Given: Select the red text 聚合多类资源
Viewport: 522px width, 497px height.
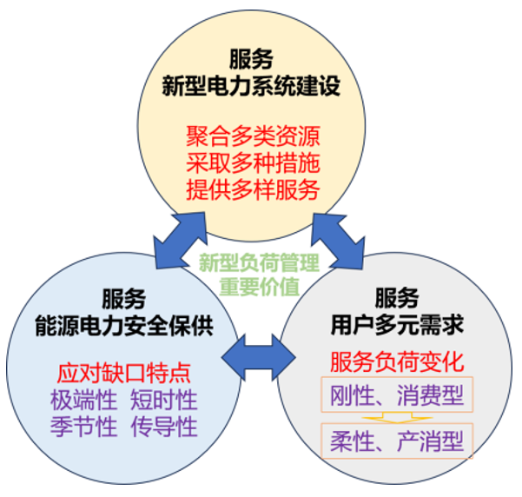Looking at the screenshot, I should (252, 137).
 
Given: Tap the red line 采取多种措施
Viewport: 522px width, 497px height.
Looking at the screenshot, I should (252, 163).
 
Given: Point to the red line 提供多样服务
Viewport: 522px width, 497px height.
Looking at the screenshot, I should (252, 189).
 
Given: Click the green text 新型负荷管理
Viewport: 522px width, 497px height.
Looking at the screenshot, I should (259, 262).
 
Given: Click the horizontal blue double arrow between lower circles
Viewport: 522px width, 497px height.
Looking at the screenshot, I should (258, 352).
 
